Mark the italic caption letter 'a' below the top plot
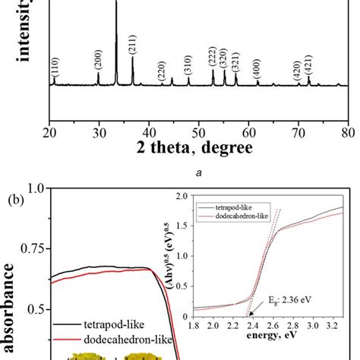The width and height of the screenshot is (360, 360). coord(196,173)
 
